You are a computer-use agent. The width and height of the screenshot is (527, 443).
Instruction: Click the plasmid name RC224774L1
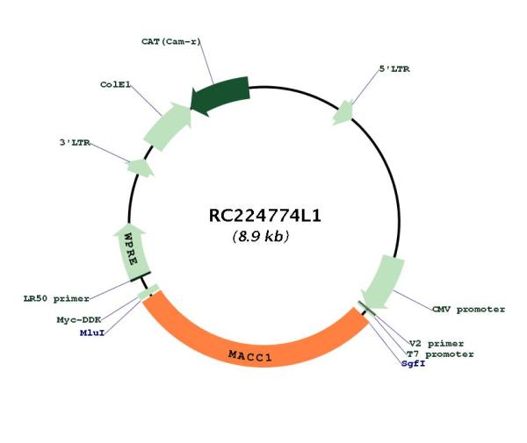pyautogui.click(x=265, y=216)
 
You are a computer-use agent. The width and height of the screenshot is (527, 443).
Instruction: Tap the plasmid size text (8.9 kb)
pyautogui.click(x=261, y=236)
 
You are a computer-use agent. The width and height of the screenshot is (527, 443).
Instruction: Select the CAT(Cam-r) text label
pyautogui.click(x=170, y=41)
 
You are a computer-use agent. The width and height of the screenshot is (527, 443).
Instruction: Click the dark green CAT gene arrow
pyautogui.click(x=220, y=95)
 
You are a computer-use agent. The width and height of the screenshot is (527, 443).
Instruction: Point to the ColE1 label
pyautogui.click(x=115, y=84)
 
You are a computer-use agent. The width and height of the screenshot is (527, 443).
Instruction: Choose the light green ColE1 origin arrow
pyautogui.click(x=167, y=126)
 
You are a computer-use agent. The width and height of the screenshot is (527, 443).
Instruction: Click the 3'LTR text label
pyautogui.click(x=75, y=143)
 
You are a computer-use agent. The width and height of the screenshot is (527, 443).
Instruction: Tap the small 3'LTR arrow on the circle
pyautogui.click(x=141, y=168)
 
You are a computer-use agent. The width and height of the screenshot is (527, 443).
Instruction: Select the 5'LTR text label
pyautogui.click(x=394, y=69)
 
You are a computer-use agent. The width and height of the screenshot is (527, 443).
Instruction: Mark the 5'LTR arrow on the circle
pyautogui.click(x=343, y=113)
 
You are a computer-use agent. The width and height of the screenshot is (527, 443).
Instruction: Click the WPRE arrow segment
pyautogui.click(x=132, y=252)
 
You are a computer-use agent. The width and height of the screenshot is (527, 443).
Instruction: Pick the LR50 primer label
pyautogui.click(x=56, y=298)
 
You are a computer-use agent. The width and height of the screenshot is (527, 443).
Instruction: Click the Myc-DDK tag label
pyautogui.click(x=79, y=320)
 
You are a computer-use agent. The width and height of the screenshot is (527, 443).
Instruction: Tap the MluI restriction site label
pyautogui.click(x=92, y=333)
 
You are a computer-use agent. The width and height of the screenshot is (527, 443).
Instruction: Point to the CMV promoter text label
pyautogui.click(x=468, y=309)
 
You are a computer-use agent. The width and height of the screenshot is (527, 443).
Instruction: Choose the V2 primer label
pyautogui.click(x=437, y=343)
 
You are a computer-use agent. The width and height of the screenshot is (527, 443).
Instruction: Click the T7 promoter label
pyautogui.click(x=440, y=354)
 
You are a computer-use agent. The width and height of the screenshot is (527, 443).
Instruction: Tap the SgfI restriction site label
pyautogui.click(x=414, y=363)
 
